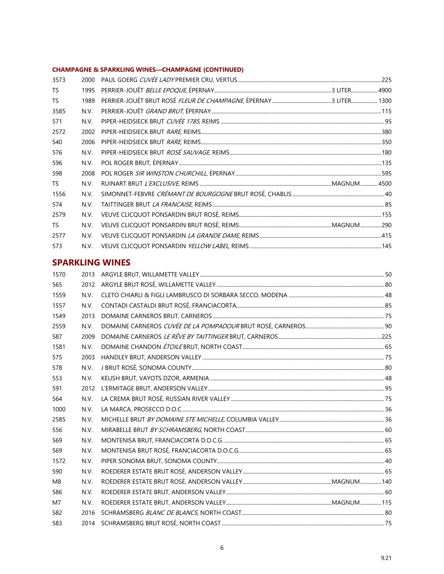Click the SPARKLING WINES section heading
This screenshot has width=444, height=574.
coord(91,262)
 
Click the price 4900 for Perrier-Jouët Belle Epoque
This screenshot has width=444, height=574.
coord(385,91)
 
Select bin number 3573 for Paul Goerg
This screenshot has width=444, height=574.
coord(59,80)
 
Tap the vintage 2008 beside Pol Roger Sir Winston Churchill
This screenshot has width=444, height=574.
coord(88,173)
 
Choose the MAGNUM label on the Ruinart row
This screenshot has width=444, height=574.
coord(346,184)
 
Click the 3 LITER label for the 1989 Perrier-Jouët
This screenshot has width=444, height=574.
coord(341,101)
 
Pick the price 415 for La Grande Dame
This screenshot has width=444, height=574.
coord(387,236)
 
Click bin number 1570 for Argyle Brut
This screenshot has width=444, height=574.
coord(59,274)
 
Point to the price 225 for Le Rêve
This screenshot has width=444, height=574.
coord(387,337)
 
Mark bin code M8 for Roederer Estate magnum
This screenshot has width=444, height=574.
coord(56,482)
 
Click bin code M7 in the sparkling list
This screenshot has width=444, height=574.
coord(56,503)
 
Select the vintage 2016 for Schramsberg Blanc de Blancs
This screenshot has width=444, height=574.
coord(88,513)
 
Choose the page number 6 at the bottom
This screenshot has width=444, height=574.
coord(222,548)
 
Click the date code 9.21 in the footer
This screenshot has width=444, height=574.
coord(386,558)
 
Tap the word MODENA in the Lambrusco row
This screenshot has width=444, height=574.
coord(274,295)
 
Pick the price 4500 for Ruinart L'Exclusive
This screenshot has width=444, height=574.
coord(385,184)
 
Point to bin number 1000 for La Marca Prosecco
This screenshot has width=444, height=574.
coord(59,409)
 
